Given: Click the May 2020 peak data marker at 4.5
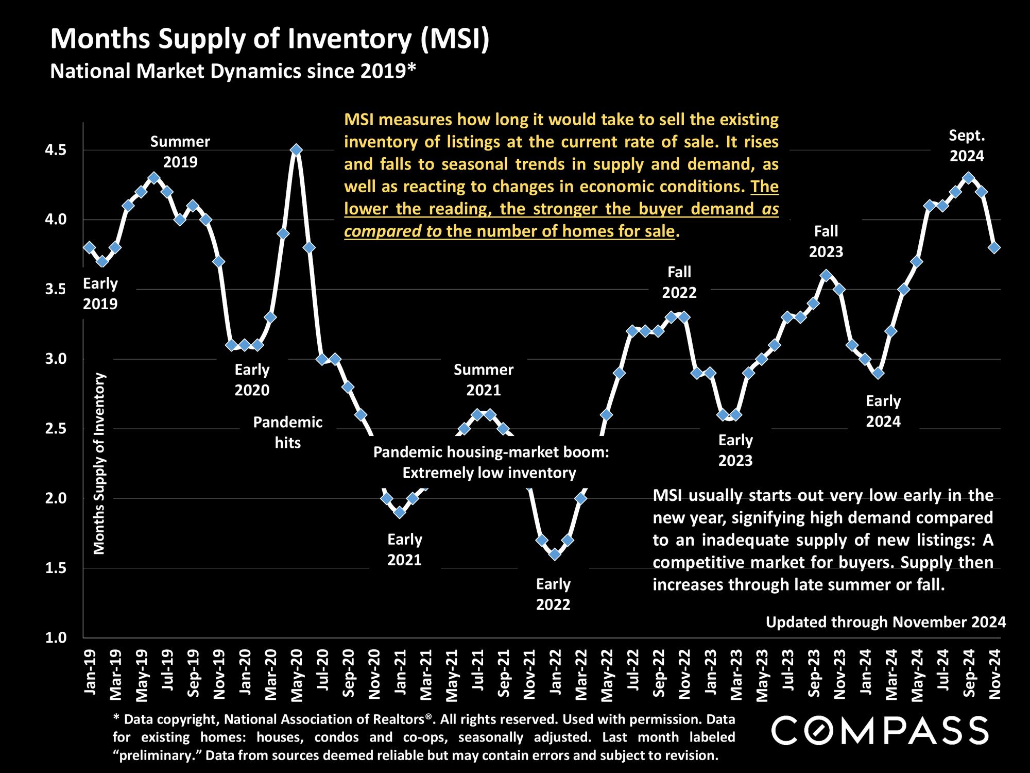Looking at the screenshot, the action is (x=296, y=150).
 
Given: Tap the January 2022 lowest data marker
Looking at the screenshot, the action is (x=555, y=554).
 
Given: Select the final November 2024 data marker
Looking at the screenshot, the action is (x=994, y=247).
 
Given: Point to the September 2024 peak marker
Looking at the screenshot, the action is (x=968, y=178).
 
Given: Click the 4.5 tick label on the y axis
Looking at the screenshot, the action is (x=56, y=150).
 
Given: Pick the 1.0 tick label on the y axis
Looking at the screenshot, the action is (x=56, y=637).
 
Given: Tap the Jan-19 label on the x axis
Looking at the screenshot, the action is (x=90, y=671).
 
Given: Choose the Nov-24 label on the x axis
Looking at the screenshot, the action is (x=994, y=673).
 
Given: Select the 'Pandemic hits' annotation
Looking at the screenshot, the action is (x=288, y=432).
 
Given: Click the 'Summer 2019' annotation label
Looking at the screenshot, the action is (x=180, y=152).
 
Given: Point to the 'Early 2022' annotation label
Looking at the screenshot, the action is (x=553, y=594).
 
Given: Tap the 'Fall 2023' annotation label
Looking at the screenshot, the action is (x=826, y=241).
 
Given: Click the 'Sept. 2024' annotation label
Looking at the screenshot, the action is (x=967, y=146).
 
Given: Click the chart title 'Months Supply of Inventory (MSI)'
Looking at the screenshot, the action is (x=270, y=40).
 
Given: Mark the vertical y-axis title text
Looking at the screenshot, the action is (x=99, y=463).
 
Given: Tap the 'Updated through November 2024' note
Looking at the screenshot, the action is (x=886, y=622).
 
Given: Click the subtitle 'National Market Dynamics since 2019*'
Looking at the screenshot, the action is (x=233, y=71).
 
